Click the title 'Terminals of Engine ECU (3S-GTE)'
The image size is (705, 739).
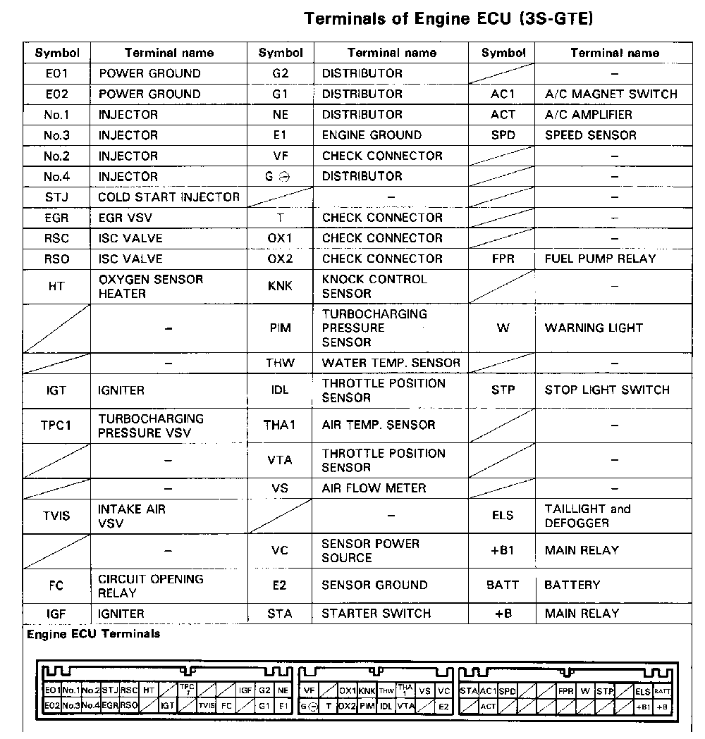coord(448,19)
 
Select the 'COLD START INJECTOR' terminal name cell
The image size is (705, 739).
coord(168,197)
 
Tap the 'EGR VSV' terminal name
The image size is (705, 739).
coord(125,218)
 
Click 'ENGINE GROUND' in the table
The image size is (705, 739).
coord(372,135)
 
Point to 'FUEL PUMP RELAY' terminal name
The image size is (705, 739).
coord(600,259)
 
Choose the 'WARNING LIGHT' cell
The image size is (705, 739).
coord(594,328)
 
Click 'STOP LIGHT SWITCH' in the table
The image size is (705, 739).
coord(607,390)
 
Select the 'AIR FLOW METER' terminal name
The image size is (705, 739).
coord(374,488)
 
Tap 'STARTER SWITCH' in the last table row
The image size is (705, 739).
coord(376,613)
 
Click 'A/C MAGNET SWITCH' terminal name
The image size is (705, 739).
coord(611,94)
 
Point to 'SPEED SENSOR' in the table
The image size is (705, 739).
coord(591,135)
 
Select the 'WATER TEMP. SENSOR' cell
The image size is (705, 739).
coord(391,363)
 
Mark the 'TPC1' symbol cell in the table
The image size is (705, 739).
coord(56,426)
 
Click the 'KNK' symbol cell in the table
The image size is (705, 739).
coord(279,286)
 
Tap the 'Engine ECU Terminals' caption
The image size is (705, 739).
coord(93,634)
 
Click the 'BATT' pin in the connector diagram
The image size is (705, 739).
coord(663,691)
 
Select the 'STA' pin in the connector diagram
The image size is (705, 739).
coord(469,691)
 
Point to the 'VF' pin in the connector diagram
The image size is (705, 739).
coord(309,691)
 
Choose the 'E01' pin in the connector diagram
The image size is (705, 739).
coord(52,691)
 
